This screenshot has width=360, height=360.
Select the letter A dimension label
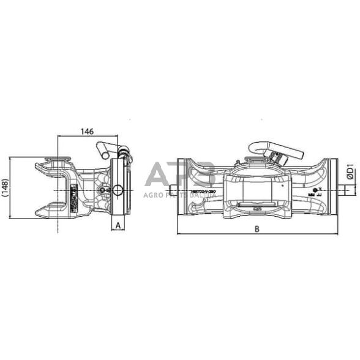click(x=117, y=225)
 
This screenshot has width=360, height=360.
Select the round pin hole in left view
click(x=116, y=190)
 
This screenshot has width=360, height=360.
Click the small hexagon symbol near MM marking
click(x=315, y=190)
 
